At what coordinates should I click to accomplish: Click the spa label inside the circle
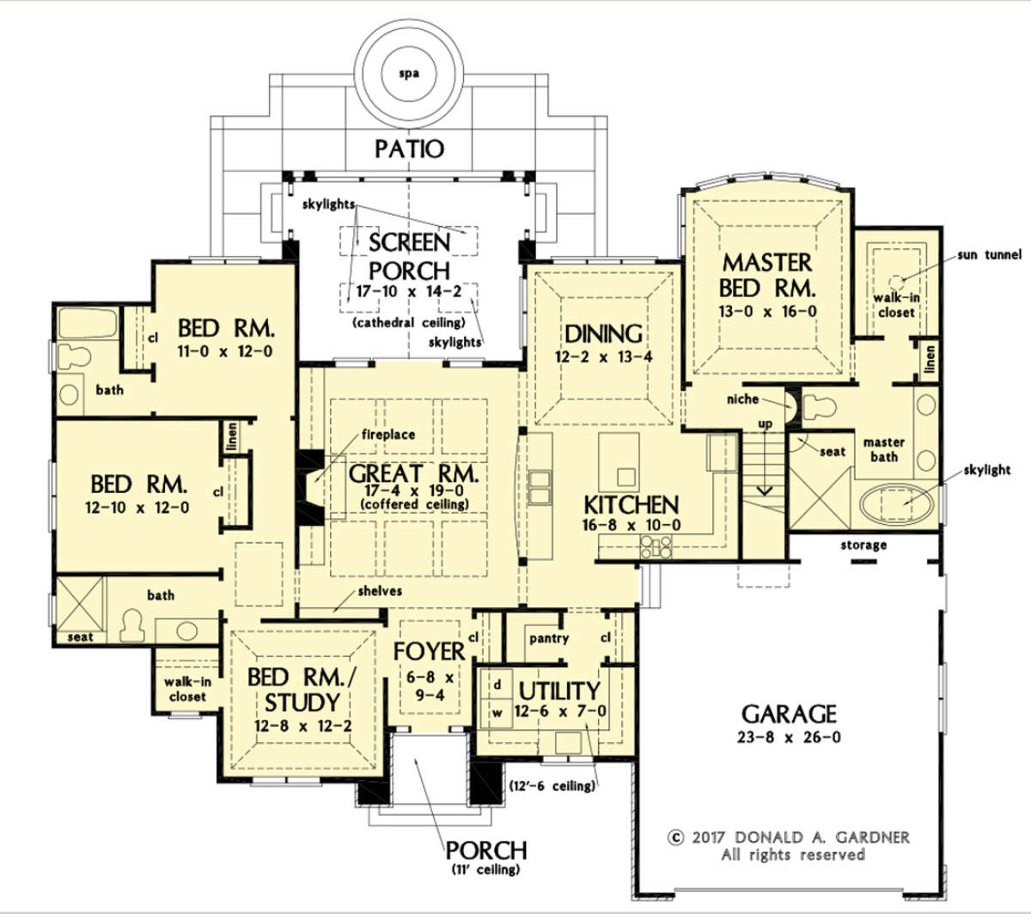pos(409,74)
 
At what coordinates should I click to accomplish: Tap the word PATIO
pos(409,149)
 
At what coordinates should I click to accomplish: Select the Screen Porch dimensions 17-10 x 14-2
pos(409,292)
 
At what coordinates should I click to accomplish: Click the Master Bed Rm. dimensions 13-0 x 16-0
pos(767,311)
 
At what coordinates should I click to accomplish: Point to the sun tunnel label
pos(989,254)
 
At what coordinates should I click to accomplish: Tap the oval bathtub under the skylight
pos(897,503)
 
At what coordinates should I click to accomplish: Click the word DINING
pos(603,334)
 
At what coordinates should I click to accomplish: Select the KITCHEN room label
pos(631,505)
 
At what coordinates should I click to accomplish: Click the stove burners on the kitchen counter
pos(656,547)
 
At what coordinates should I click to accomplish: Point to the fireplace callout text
pos(388,435)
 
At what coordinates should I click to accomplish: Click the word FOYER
pos(430,651)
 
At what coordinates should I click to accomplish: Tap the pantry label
pos(548,638)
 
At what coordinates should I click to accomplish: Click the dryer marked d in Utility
pos(497,685)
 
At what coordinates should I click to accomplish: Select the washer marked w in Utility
pos(497,713)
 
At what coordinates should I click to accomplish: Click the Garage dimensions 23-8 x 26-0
pos(789,737)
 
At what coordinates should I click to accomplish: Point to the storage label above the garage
pos(863,545)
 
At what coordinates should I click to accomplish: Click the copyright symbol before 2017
pos(675,838)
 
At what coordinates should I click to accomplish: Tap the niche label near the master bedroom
pos(742,399)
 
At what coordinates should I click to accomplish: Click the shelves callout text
pos(380,591)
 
